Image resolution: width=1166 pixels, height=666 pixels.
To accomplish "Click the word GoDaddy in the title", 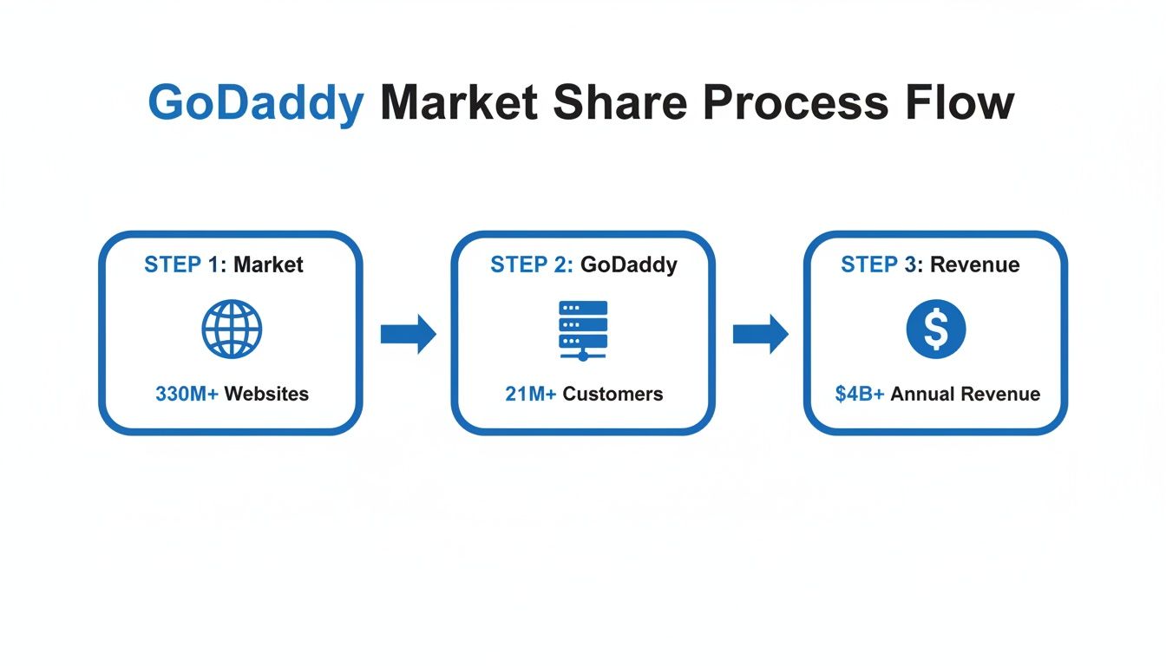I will (x=256, y=103).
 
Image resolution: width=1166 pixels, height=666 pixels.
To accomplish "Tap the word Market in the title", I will (x=459, y=103).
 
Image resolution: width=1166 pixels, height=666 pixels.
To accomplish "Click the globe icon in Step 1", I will (x=232, y=330).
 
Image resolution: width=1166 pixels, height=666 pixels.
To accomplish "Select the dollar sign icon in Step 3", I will (x=935, y=330).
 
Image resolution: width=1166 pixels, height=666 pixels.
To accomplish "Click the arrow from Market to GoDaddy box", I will (x=408, y=334).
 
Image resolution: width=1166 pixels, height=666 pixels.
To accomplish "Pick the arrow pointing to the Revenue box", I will (x=760, y=334).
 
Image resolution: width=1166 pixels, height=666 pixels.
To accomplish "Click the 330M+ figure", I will (x=187, y=394).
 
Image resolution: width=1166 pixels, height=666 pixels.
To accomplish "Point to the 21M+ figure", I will (x=530, y=394).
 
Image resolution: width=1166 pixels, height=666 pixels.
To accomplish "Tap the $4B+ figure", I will (x=860, y=394).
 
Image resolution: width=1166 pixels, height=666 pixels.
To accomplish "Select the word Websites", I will (x=266, y=394).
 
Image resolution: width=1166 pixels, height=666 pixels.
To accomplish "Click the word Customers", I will (x=612, y=394).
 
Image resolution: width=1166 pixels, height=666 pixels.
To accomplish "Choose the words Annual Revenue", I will (x=965, y=394).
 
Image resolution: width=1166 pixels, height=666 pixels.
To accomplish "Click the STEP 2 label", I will (x=531, y=264).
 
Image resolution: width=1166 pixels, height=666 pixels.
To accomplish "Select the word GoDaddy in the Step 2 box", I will (x=629, y=264).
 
